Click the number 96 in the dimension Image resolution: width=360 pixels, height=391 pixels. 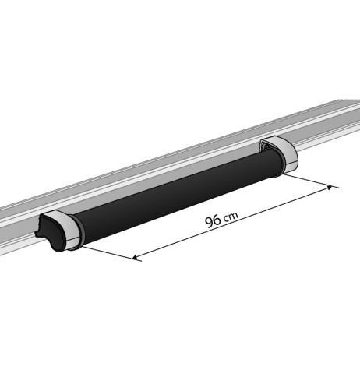[213, 221]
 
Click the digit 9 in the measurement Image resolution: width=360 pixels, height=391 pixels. [209, 223]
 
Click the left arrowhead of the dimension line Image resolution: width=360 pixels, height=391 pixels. [138, 257]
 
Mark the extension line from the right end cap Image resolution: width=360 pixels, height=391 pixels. [308, 180]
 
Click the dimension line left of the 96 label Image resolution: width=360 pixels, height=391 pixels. [171, 245]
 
